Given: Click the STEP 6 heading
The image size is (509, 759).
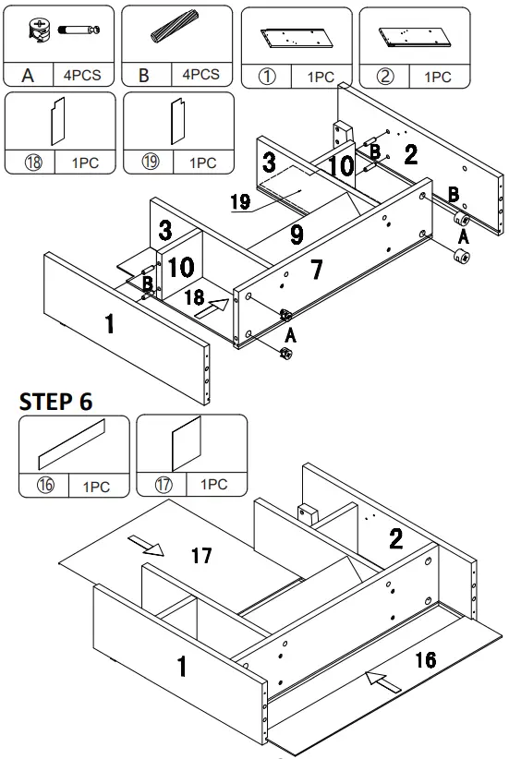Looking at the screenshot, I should pos(55,401).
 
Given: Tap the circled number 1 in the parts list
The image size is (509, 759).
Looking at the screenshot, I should pos(267,77).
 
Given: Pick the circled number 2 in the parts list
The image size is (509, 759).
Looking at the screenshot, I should pos(385,77).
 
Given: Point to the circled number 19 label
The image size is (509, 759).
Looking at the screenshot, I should pos(149,163).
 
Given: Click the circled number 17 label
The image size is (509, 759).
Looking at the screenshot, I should pos(162,485).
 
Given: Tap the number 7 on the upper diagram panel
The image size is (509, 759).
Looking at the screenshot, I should pos(315,270).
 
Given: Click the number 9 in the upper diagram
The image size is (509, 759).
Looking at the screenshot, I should pos(296,235).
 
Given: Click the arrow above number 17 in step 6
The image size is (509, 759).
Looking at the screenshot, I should pos(147,548).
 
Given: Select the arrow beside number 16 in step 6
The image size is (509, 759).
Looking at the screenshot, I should pos(382,682).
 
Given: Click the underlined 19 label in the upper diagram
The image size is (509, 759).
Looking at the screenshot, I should pos(240,202).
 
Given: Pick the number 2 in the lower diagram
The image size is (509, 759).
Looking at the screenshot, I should pos(395,539).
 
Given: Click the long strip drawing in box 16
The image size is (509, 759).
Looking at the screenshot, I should pos(72,444).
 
